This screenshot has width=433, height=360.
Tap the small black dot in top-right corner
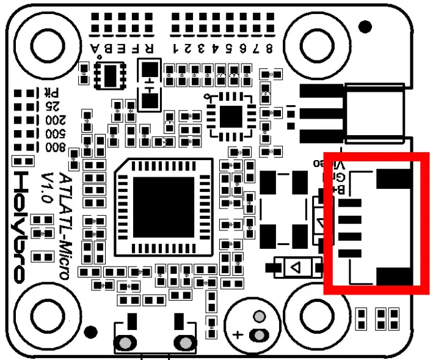(x=365, y=26)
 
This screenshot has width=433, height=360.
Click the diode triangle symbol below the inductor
(x=296, y=267)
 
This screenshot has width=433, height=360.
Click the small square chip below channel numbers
(x=231, y=116)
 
